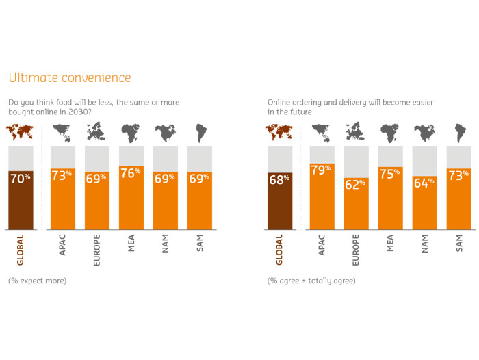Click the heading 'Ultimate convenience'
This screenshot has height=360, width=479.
tap(68, 78)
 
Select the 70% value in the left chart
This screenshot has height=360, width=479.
tap(21, 178)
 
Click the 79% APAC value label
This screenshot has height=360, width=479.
tap(322, 170)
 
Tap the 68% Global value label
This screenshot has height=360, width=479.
tap(280, 179)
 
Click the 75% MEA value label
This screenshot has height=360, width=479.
tap(390, 174)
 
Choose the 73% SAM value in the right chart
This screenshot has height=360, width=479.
tap(458, 175)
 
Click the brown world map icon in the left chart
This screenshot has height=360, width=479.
tap(21, 131)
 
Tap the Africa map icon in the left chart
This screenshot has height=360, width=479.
tap(130, 131)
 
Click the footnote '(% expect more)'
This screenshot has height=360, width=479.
tap(38, 281)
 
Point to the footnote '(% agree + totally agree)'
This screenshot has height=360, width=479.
tap(311, 281)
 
